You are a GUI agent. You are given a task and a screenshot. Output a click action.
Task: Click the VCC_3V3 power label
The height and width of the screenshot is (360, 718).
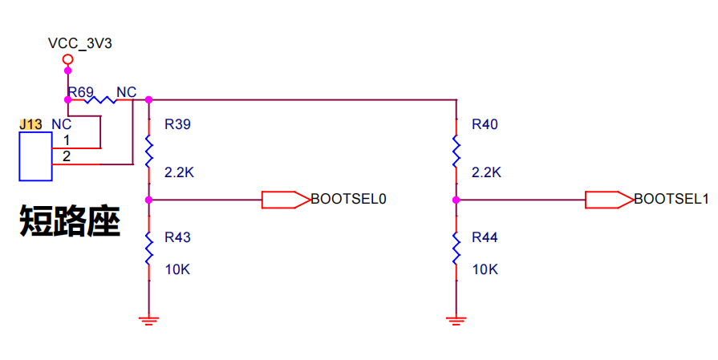[x=79, y=44]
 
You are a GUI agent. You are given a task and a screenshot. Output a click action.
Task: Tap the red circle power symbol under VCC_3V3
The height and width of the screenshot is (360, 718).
[x=67, y=59]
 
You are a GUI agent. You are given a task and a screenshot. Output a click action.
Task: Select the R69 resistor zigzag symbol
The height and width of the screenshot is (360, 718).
[x=100, y=99]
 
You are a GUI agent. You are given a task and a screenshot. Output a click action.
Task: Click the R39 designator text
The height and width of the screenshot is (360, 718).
[x=177, y=124]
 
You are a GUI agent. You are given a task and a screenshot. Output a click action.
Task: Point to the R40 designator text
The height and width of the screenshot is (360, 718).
[x=485, y=124]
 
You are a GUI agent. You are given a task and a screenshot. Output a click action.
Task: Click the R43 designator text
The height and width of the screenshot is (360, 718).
[x=177, y=237]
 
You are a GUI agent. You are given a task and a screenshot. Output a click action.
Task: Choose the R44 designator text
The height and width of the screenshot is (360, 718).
[x=485, y=237]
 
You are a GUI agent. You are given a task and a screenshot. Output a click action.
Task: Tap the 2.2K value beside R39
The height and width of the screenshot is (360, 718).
[x=179, y=172]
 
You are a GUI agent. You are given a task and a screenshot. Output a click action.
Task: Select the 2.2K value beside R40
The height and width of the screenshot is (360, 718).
[x=486, y=172]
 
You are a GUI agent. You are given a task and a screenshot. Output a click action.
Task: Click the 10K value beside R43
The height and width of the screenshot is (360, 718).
[x=177, y=269]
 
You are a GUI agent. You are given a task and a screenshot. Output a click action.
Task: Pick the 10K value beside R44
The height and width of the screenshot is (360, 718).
[x=485, y=269]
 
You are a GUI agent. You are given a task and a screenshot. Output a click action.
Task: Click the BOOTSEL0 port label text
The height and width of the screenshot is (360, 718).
[x=348, y=199]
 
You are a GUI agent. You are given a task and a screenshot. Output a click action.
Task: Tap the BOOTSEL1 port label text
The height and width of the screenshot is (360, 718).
[x=671, y=199]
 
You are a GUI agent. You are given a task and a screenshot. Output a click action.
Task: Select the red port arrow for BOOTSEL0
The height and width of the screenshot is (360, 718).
[x=286, y=200]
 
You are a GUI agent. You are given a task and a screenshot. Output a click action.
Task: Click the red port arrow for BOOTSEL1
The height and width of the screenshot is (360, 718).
[x=610, y=200]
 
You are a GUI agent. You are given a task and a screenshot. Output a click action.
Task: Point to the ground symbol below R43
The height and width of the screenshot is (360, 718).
[x=149, y=321]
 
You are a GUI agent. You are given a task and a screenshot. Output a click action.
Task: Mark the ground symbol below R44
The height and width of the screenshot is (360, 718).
[x=456, y=321]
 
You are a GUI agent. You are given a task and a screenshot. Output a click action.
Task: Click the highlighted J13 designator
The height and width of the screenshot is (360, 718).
[x=30, y=124]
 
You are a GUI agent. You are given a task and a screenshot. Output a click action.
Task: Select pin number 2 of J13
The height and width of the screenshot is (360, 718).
[x=67, y=156]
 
